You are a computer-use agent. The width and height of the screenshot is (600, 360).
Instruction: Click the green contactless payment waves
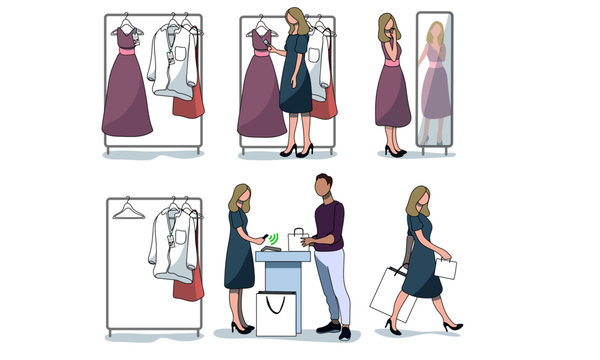pos(274,238)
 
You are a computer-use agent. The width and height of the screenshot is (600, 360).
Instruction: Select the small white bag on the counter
pos(297,239)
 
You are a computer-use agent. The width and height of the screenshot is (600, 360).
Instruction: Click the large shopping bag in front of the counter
pos(278,313)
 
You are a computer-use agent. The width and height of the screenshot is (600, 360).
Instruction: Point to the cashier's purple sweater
pos(329,225)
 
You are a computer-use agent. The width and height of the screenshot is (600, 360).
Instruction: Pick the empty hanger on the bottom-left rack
pos(128,211)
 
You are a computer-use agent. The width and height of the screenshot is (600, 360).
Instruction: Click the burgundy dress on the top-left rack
pos(127,90)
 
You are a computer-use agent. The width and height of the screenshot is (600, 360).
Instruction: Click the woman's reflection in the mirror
pos(434,80)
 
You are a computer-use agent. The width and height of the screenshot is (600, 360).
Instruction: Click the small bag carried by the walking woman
pos(445,268)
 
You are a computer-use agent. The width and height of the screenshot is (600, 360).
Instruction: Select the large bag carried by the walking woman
pos(390,294)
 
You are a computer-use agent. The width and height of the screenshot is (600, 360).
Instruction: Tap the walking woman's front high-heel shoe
pos(453,325)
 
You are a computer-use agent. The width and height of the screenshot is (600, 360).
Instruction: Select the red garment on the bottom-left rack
pos(188,282)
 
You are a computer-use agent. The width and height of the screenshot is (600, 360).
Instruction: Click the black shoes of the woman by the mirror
pos(394,152)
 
